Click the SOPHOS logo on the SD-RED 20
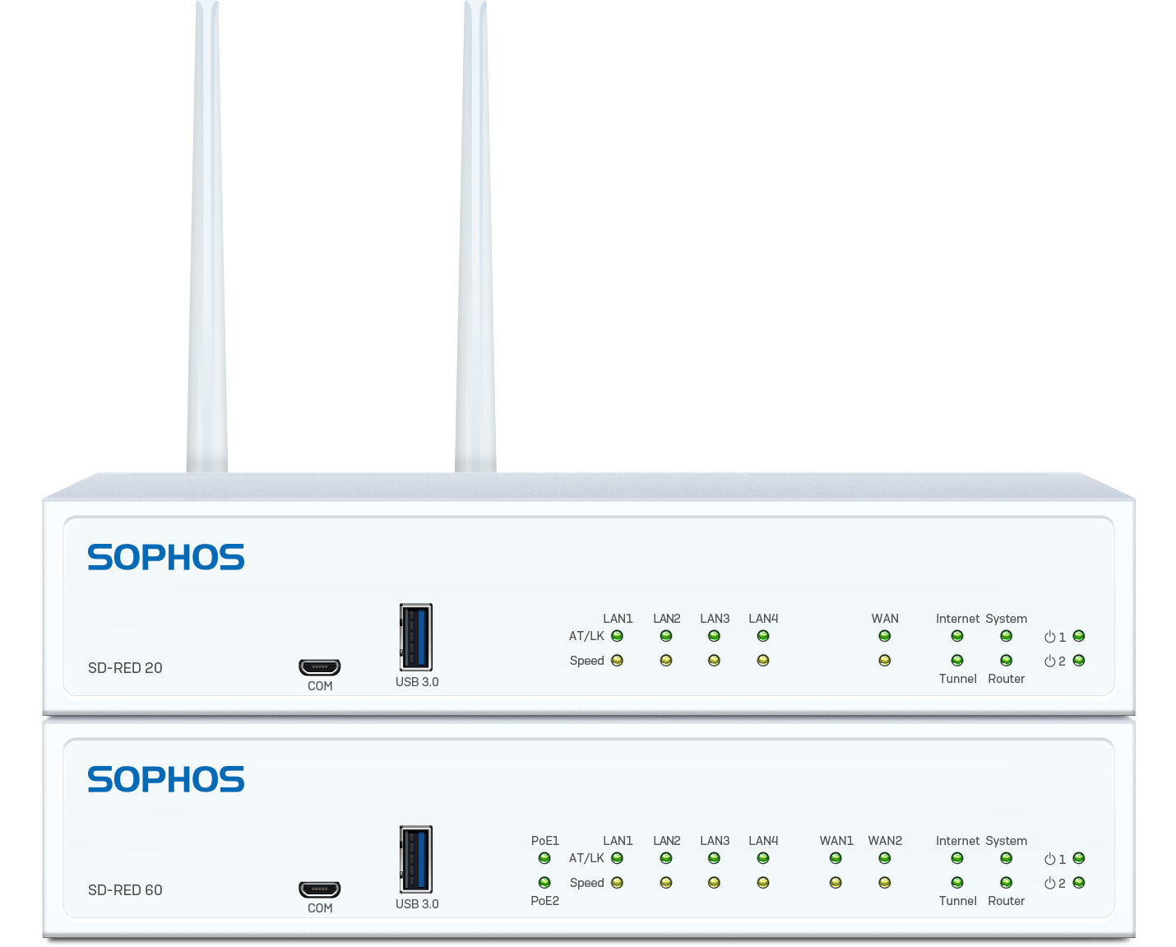coord(166,557)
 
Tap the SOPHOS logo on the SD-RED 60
coord(166,778)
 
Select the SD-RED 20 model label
coord(125,667)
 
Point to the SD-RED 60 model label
coord(125,889)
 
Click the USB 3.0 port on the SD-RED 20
coord(416,637)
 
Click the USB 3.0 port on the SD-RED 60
coord(416,859)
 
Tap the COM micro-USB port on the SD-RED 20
coord(320,667)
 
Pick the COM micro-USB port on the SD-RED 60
coord(320,889)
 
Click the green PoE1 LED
coord(544,858)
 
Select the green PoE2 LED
coord(544,883)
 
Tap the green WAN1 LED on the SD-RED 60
coord(836,858)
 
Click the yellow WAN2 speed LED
coord(885,883)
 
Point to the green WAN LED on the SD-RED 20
coord(885,636)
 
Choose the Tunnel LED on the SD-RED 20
coord(957,661)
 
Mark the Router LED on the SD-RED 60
coord(1006,883)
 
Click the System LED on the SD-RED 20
coord(1006,636)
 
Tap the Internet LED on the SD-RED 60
coord(957,858)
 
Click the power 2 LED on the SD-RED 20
coord(1079,661)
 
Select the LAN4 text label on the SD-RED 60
coord(763,840)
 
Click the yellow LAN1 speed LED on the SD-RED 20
coord(617,661)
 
